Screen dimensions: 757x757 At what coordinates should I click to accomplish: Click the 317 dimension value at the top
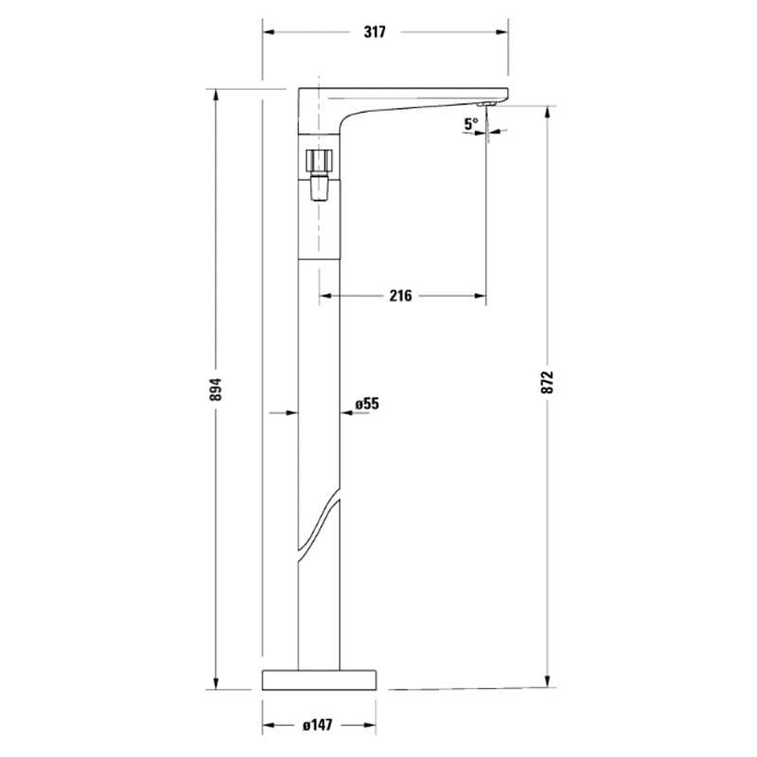pos(375,32)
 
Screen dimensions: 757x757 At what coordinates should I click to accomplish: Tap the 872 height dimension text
pos(548,381)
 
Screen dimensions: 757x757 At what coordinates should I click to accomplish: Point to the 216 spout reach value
pos(400,296)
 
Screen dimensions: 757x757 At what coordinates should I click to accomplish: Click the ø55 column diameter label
pos(367,404)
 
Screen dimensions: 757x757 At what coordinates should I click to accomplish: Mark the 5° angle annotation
pos(470,123)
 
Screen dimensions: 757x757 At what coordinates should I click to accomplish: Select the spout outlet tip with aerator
pos(485,104)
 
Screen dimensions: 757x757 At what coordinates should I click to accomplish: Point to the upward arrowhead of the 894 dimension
pos(216,96)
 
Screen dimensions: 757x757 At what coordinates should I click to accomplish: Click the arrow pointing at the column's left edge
pos(290,413)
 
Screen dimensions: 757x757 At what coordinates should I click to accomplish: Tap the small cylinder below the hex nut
pos(320,191)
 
